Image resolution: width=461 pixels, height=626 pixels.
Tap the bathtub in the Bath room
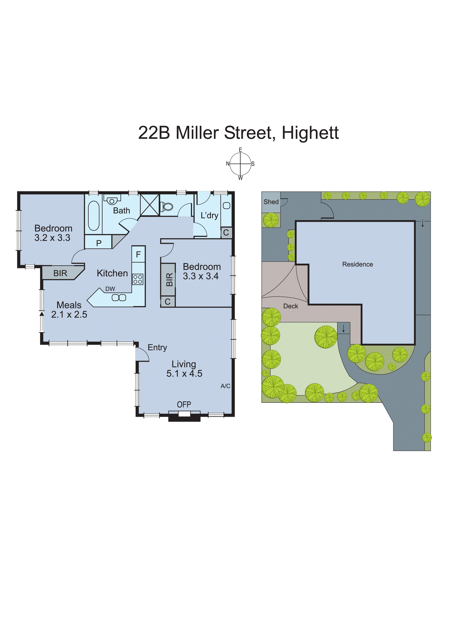pyautogui.click(x=94, y=215)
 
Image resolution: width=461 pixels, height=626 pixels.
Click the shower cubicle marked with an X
pyautogui.click(x=150, y=205)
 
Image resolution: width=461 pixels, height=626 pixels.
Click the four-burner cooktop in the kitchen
pyautogui.click(x=138, y=279)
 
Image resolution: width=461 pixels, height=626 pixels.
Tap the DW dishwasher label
pyautogui.click(x=110, y=289)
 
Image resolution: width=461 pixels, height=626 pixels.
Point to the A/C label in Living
pyautogui.click(x=225, y=386)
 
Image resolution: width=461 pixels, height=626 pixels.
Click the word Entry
pyautogui.click(x=157, y=348)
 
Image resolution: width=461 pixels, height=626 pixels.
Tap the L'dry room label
pyautogui.click(x=209, y=216)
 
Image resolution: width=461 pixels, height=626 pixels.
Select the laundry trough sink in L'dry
pyautogui.click(x=227, y=206)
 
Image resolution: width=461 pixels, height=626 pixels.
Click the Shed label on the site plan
pyautogui.click(x=271, y=202)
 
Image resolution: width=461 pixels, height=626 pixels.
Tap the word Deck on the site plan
pyautogui.click(x=291, y=306)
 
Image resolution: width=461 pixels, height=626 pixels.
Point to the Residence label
pyautogui.click(x=357, y=264)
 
